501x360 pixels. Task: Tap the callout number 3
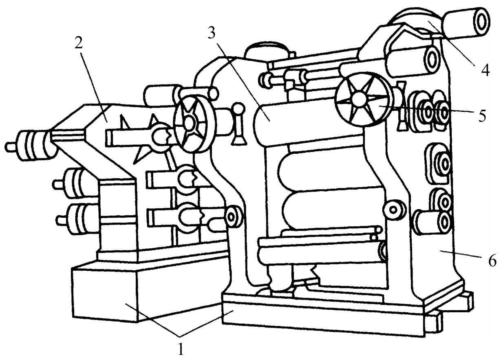211,32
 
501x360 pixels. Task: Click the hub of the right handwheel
360,98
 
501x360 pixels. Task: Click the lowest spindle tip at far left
61,221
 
